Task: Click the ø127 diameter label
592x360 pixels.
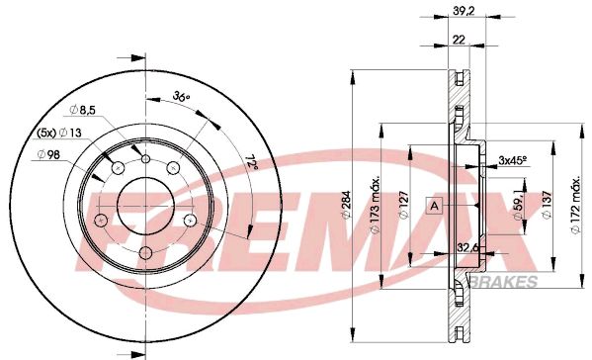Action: click(403, 207)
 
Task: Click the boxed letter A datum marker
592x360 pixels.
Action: click(434, 206)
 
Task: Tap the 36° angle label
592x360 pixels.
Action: click(181, 96)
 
